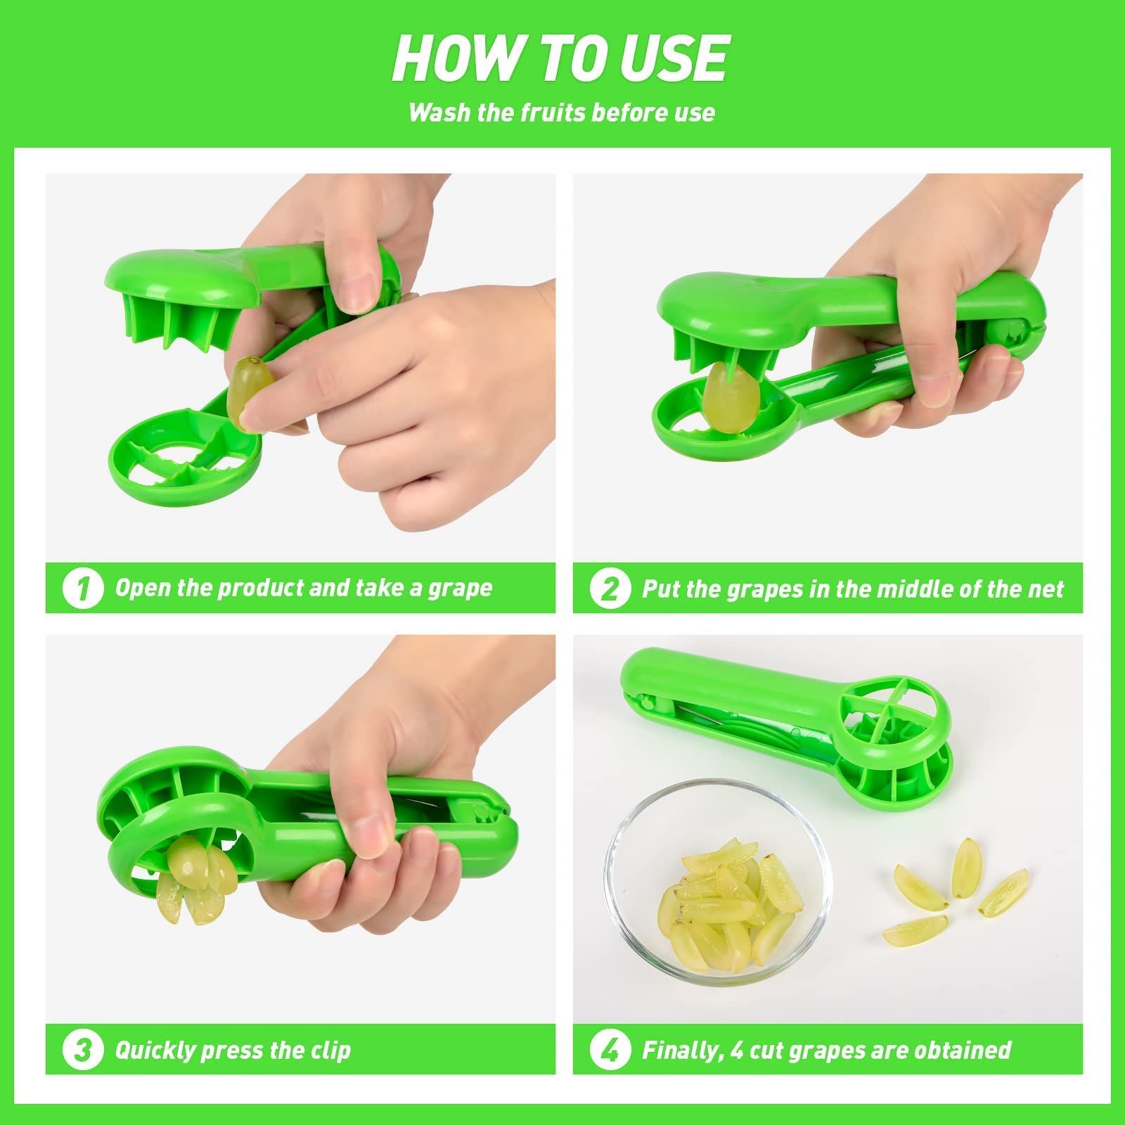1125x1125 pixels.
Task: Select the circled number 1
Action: (x=82, y=589)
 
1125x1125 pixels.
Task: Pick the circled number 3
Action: (x=82, y=1050)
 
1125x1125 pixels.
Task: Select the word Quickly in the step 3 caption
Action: (x=155, y=1050)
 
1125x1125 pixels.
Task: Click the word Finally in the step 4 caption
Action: (x=681, y=1050)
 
